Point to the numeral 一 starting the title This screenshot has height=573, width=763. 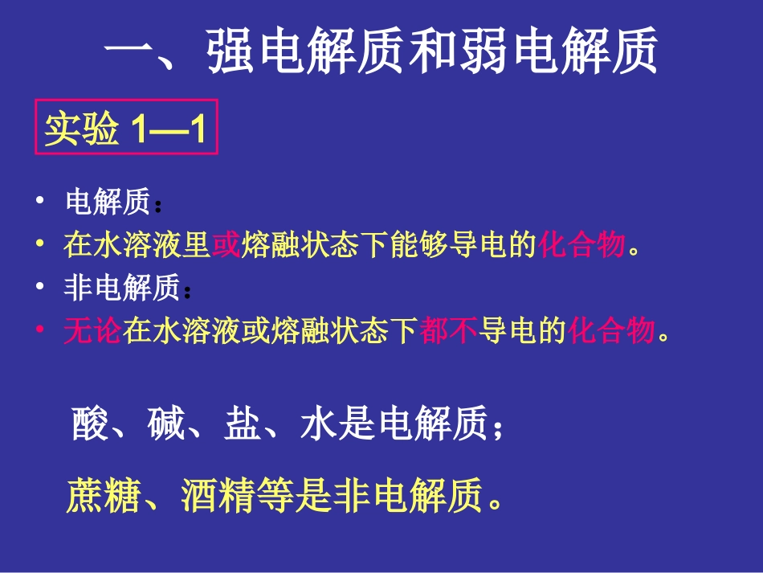click(x=129, y=52)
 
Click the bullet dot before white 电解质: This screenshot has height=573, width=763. click(x=39, y=203)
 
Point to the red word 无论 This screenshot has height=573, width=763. click(x=92, y=331)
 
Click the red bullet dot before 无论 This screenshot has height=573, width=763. click(x=39, y=330)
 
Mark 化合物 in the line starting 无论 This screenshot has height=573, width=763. click(x=612, y=331)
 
